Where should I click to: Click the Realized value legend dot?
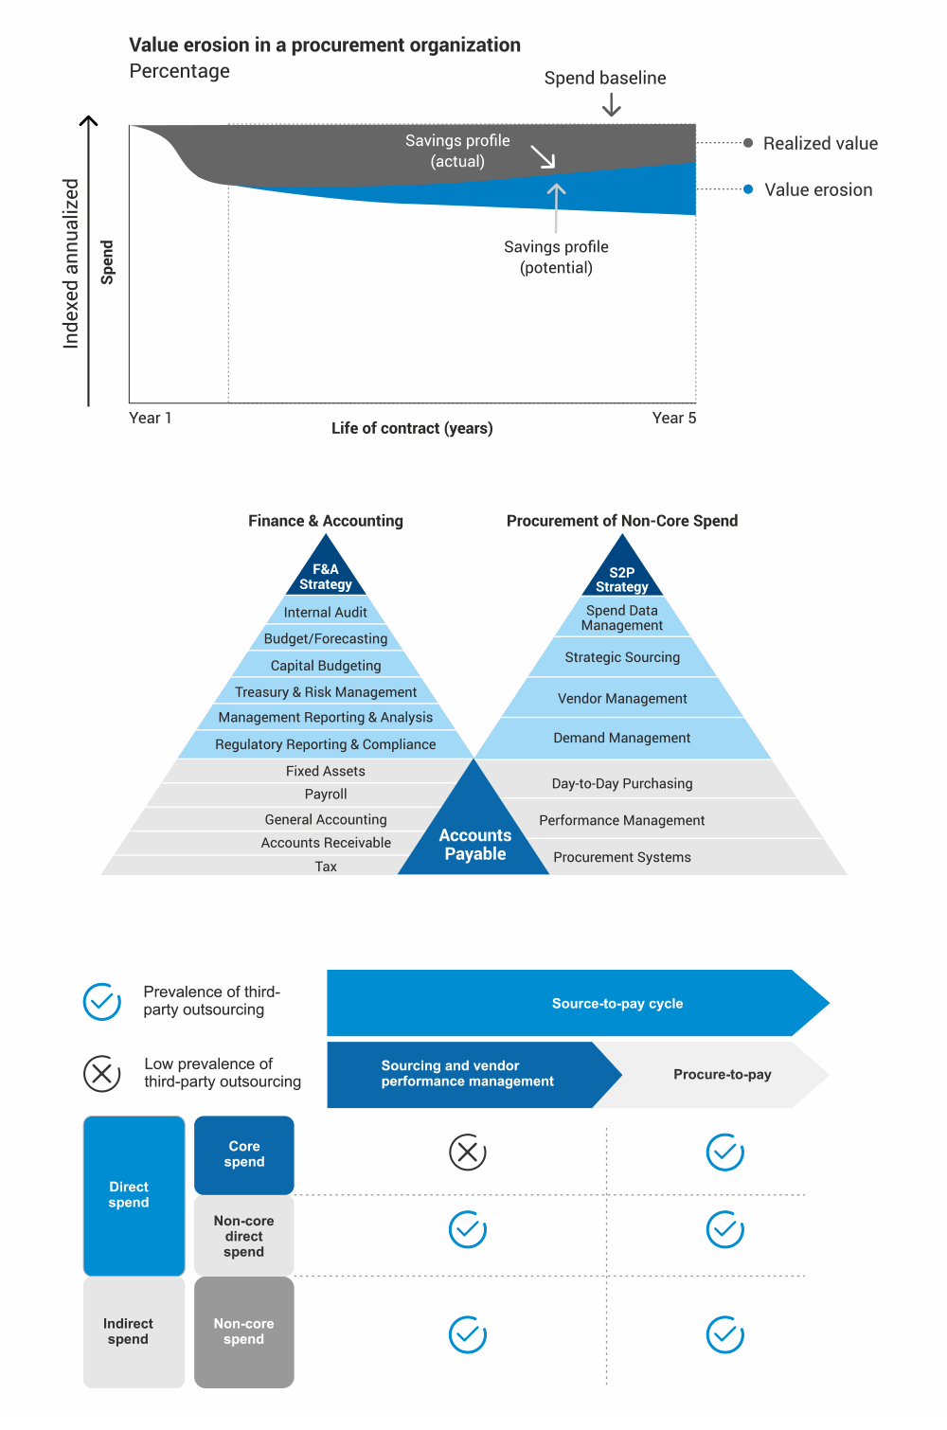pyautogui.click(x=748, y=143)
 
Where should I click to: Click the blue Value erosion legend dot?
pyautogui.click(x=748, y=189)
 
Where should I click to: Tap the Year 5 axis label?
pyautogui.click(x=673, y=418)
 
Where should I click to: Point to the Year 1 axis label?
pyautogui.click(x=150, y=418)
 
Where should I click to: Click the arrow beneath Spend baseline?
pyautogui.click(x=612, y=104)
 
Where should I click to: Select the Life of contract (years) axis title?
pyautogui.click(x=412, y=428)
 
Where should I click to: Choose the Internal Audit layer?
pyautogui.click(x=326, y=613)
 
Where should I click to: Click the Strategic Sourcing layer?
pyautogui.click(x=622, y=657)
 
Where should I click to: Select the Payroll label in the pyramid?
pyautogui.click(x=326, y=795)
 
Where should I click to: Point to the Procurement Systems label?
pyautogui.click(x=622, y=857)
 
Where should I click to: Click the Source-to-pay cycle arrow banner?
pyautogui.click(x=578, y=1003)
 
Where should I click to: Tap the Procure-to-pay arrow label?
pyautogui.click(x=722, y=1075)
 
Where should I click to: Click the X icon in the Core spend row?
pyautogui.click(x=467, y=1153)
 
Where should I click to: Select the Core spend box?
pyautogui.click(x=244, y=1154)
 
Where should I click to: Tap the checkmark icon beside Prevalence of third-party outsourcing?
pyautogui.click(x=102, y=1001)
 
